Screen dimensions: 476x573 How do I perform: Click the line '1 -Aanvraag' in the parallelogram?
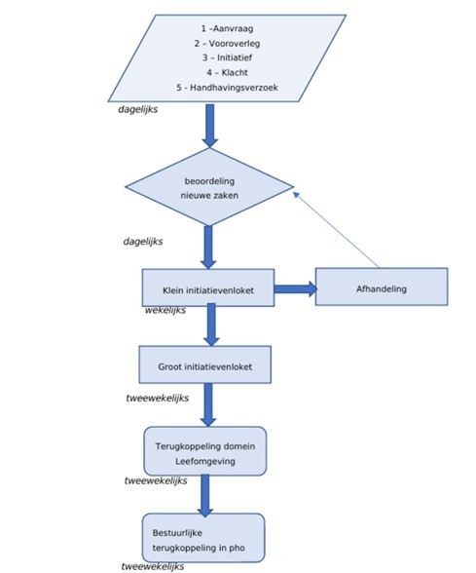tap(227, 28)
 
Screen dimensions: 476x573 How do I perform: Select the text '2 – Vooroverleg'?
tap(227, 44)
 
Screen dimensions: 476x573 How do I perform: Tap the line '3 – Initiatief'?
tap(227, 57)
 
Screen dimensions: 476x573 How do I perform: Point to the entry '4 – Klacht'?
tap(227, 72)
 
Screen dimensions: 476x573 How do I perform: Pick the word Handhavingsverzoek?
tap(234, 88)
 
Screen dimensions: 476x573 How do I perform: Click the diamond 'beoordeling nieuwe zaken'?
tap(209, 187)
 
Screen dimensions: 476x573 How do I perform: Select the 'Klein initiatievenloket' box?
tap(208, 287)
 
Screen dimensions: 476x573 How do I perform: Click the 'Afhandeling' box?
tap(382, 286)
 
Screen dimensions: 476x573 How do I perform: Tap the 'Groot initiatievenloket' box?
tap(205, 364)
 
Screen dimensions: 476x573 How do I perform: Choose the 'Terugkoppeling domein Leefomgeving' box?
tap(205, 451)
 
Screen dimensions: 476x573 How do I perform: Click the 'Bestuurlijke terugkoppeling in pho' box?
tap(203, 538)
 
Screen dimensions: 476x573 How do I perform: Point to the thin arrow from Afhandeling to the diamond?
tap(336, 230)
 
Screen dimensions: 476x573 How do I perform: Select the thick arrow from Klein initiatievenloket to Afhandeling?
tap(296, 289)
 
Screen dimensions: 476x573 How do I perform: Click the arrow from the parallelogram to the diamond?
tap(210, 126)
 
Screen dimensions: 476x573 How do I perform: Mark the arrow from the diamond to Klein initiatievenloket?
tap(208, 248)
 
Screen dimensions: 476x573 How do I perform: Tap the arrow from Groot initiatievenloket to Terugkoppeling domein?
tap(208, 405)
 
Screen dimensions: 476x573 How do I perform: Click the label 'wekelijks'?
tap(165, 310)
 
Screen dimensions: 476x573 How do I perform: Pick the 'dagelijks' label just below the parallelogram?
tap(138, 109)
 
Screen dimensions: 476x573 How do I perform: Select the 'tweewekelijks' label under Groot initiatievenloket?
tap(158, 398)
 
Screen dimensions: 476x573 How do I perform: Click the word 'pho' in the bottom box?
tap(237, 548)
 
